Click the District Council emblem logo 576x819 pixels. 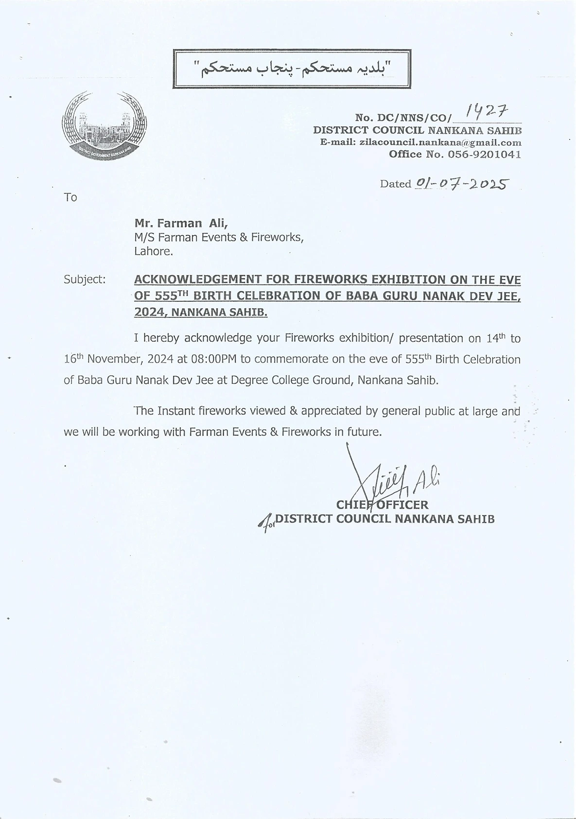coord(104,126)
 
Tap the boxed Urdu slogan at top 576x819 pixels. coord(292,69)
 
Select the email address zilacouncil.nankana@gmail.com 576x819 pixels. coord(439,143)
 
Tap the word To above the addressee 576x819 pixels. coord(70,197)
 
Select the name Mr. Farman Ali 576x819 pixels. coord(181,223)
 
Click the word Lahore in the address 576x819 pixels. coord(153,252)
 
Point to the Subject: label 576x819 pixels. coord(85,279)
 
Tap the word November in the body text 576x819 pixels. coord(115,359)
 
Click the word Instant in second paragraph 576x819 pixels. coord(175,411)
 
